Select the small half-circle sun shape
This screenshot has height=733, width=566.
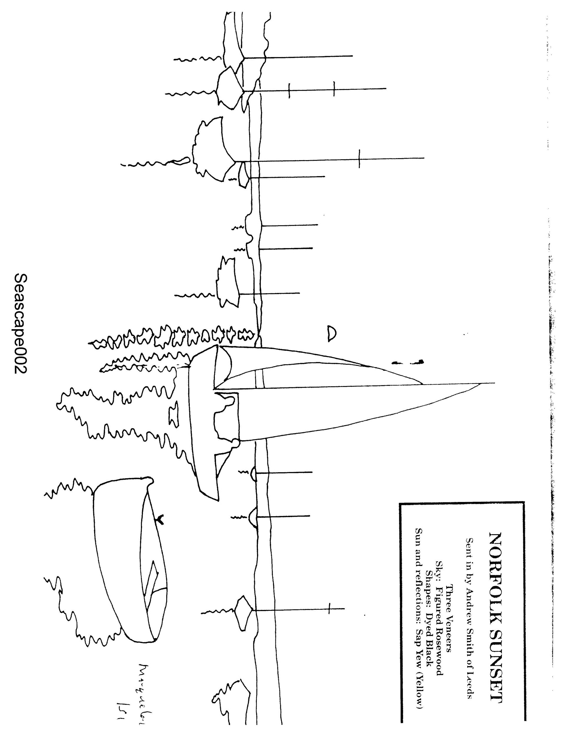(x=331, y=333)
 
